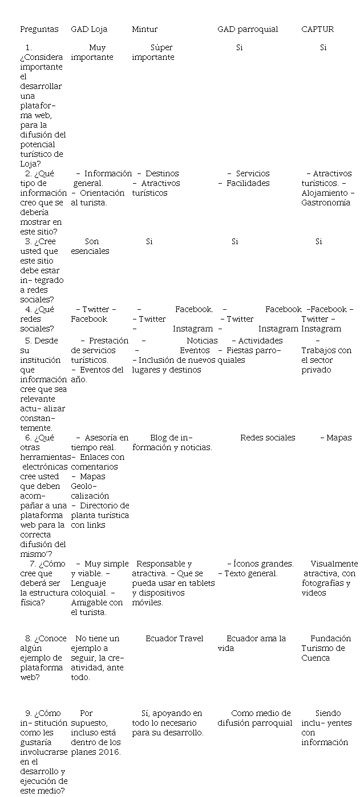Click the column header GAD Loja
(x=89, y=29)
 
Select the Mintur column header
(x=144, y=29)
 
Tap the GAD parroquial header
(x=248, y=29)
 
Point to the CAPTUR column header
(x=317, y=29)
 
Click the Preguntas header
(x=39, y=29)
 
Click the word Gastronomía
(x=326, y=203)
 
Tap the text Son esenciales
(x=90, y=246)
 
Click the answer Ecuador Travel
(x=174, y=638)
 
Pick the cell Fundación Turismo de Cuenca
(x=326, y=648)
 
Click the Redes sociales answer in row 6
(x=268, y=438)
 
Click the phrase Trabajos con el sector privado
(x=326, y=360)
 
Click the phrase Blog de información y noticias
(x=172, y=443)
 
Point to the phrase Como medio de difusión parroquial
(x=255, y=718)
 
